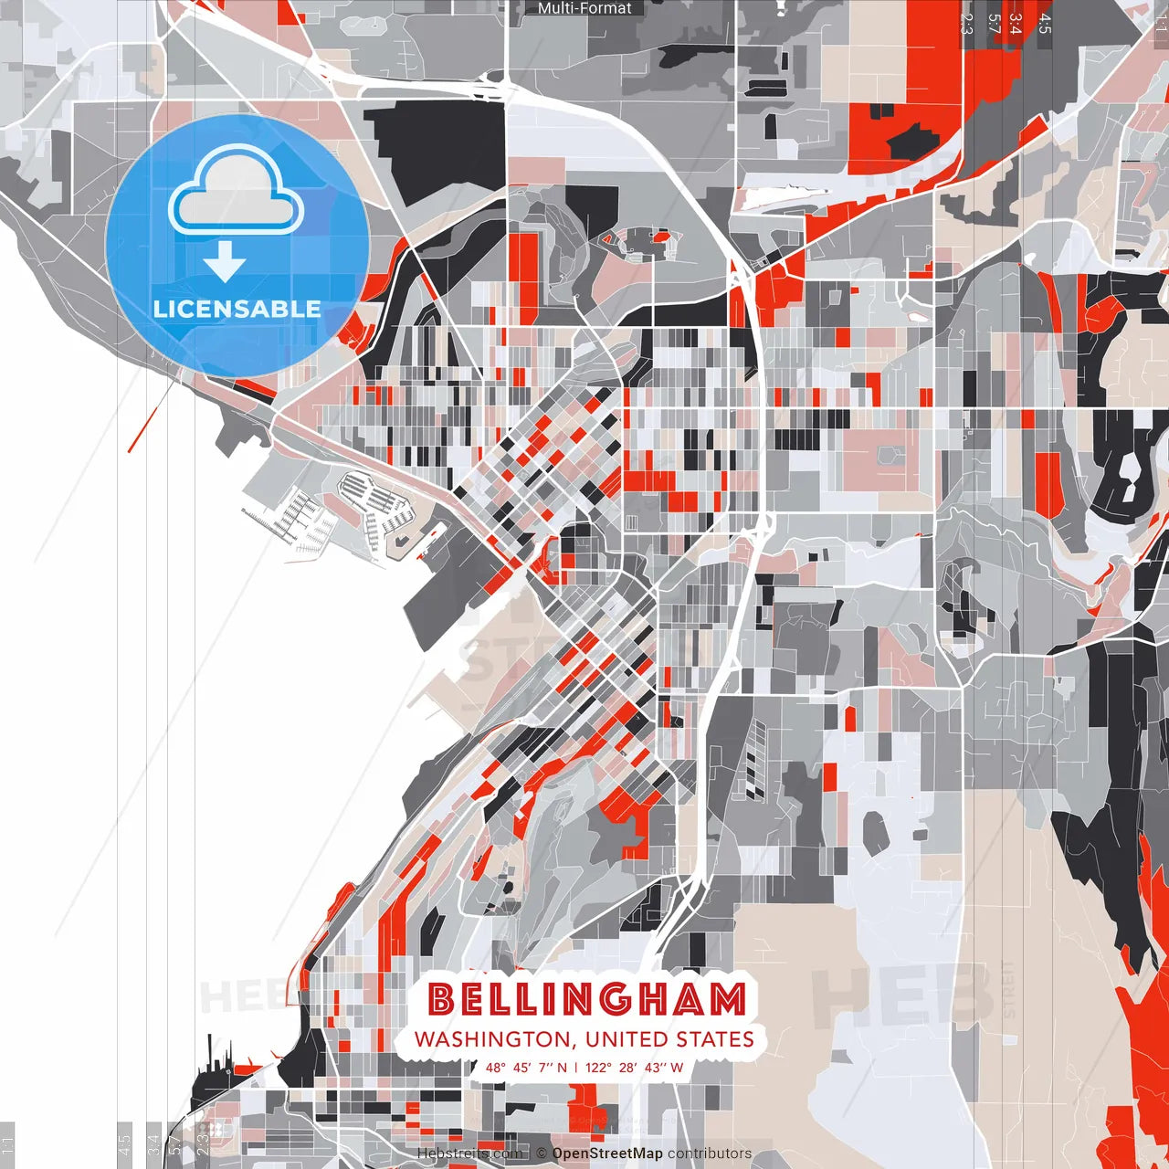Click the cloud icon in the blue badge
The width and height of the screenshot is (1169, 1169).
(x=236, y=192)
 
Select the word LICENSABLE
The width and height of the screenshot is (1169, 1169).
(x=237, y=309)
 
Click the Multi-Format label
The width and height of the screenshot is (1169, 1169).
(x=584, y=8)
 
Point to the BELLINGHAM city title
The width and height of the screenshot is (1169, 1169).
(x=586, y=999)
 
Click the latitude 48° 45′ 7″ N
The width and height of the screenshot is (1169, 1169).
(x=526, y=1067)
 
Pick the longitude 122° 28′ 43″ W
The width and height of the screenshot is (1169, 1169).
(x=634, y=1067)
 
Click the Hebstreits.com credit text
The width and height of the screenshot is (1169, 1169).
(x=469, y=1153)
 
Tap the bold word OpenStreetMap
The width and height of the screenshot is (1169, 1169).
(x=607, y=1153)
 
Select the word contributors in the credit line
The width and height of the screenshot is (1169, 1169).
(x=710, y=1153)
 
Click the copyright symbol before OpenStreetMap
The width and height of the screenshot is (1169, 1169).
(x=542, y=1153)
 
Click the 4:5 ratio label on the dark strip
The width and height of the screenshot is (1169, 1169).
(x=1045, y=24)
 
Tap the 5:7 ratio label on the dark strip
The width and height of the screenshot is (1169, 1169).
(x=994, y=24)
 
